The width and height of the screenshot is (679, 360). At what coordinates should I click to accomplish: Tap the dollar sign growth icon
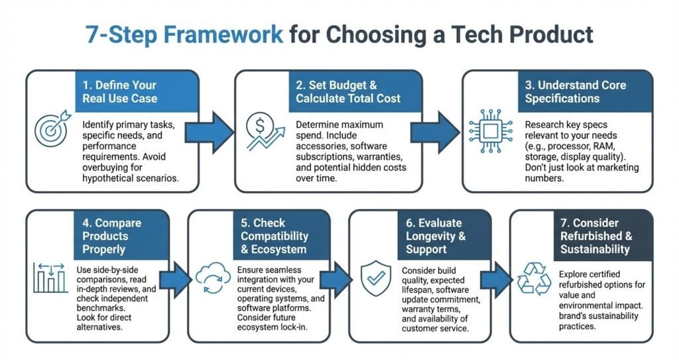click(260, 131)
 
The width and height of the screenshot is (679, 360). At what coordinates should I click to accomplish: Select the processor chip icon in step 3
click(489, 130)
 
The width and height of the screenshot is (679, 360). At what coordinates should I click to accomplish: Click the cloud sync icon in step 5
click(212, 280)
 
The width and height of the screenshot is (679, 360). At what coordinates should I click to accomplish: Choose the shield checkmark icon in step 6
click(374, 278)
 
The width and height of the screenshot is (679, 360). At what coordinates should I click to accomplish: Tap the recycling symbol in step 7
click(534, 278)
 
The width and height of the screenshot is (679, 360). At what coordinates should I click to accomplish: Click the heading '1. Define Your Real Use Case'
click(119, 91)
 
